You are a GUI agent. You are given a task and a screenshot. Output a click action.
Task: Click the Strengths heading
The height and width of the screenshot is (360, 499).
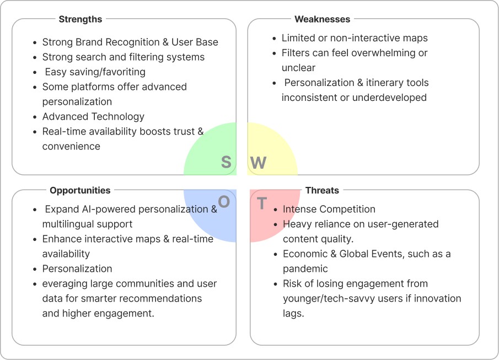pyautogui.click(x=81, y=19)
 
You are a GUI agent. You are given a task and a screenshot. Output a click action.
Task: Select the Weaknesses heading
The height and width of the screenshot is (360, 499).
pyautogui.click(x=323, y=19)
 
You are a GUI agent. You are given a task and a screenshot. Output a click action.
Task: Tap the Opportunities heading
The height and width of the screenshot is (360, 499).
pyautogui.click(x=80, y=190)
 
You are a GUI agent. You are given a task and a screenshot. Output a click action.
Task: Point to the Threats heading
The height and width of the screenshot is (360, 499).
pyautogui.click(x=322, y=190)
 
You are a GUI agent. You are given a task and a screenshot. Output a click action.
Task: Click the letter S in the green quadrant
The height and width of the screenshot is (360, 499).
pyautogui.click(x=226, y=162)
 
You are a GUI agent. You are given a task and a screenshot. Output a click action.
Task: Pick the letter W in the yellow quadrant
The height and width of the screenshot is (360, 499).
pyautogui.click(x=259, y=163)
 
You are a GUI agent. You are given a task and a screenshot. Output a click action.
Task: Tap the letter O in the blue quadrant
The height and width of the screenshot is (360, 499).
pyautogui.click(x=224, y=202)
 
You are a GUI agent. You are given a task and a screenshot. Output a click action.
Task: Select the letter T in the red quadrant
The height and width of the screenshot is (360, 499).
pyautogui.click(x=262, y=204)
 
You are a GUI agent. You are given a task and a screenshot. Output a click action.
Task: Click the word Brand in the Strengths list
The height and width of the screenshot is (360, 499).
pyautogui.click(x=87, y=42)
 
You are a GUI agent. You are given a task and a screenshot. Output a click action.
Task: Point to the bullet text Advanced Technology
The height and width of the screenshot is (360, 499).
pyautogui.click(x=93, y=116)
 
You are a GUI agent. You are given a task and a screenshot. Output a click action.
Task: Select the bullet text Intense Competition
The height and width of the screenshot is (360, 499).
pyautogui.click(x=329, y=209)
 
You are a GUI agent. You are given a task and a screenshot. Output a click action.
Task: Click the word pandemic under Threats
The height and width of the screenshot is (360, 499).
pyautogui.click(x=305, y=268)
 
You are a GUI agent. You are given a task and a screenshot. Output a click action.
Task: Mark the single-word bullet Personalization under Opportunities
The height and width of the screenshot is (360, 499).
pyautogui.click(x=77, y=268)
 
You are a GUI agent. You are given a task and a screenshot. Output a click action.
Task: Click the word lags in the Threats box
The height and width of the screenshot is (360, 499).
pyautogui.click(x=293, y=313)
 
